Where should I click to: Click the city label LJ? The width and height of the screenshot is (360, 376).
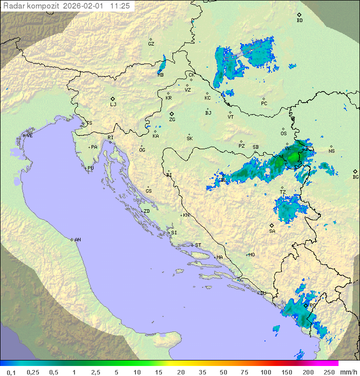pos(113,105)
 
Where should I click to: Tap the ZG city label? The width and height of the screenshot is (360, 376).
pos(172,120)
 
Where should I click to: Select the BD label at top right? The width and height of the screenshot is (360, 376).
pos(299,21)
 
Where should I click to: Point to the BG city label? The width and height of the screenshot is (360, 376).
pos(355,177)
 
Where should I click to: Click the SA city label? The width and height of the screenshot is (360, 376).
pos(272,231)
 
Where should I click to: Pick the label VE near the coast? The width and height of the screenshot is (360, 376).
pos(29,136)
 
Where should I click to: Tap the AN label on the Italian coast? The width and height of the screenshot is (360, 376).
pos(77,240)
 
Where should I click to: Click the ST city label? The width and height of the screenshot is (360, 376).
pos(198,245)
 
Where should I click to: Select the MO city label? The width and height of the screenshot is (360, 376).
pos(251,255)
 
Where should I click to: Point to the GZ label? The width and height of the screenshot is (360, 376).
pos(151,44)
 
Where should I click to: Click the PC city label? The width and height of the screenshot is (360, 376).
pos(264,104)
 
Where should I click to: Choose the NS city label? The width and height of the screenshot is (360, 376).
pos(331,151)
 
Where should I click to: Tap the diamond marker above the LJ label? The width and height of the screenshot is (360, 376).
pos(113,99)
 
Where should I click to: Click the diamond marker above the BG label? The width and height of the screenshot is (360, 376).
pos(355,171)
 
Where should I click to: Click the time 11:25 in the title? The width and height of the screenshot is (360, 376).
pos(120,6)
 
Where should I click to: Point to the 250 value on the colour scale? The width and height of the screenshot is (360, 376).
pos(328,371)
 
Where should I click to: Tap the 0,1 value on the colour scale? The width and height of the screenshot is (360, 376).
pos(11,371)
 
